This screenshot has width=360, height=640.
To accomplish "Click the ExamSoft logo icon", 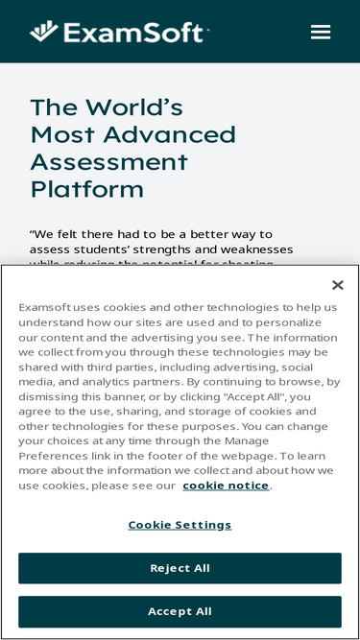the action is tap(44, 32).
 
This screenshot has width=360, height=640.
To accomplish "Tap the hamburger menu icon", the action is tap(321, 32).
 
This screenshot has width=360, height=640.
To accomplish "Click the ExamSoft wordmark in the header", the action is tap(133, 34).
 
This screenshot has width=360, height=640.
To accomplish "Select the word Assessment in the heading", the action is tap(108, 161).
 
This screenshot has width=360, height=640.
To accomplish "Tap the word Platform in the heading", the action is tap(86, 188).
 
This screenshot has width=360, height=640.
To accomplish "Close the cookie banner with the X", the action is tap(337, 285).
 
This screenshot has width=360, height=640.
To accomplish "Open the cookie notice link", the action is tap(226, 486).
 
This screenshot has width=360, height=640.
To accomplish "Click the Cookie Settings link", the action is tap(180, 525).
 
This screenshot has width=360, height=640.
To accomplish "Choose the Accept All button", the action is tap(180, 611).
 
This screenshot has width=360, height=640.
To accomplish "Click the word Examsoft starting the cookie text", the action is tap(49, 307).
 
